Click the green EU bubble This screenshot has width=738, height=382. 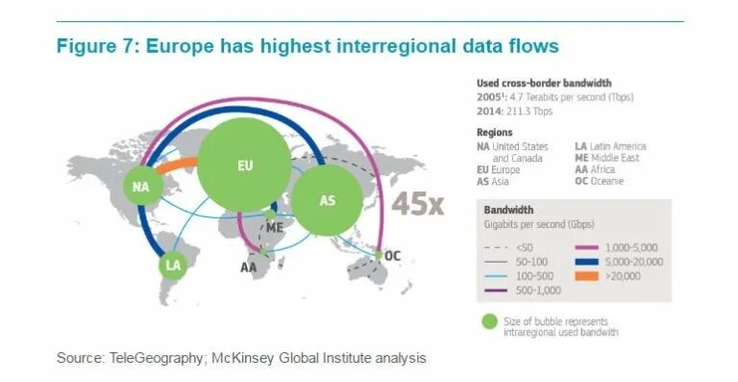point(245,166)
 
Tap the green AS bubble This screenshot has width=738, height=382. point(327,199)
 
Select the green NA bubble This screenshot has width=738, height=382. point(142,186)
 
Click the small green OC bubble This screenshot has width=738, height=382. point(380,256)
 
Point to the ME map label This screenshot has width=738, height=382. point(275,228)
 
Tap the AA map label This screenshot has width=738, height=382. point(249,267)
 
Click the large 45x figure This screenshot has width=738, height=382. point(416,203)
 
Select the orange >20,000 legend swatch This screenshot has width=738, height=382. point(588,276)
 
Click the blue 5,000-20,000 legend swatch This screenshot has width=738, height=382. point(588,262)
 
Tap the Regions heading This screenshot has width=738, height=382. point(495,132)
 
